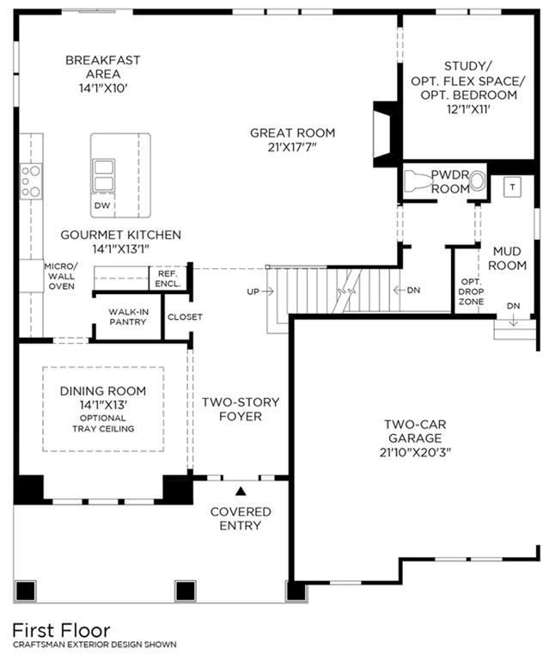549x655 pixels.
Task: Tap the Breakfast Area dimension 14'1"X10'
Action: tap(103, 89)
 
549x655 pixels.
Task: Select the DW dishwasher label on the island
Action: tap(102, 205)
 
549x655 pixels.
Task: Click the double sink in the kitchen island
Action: tap(103, 175)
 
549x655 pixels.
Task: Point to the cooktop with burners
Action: tap(31, 181)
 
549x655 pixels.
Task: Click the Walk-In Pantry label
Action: tap(128, 317)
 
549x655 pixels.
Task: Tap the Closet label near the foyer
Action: tap(185, 317)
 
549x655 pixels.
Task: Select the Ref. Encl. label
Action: tap(168, 279)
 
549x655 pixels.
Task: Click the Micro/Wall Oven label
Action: tap(61, 276)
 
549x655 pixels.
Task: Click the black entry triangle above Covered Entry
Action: tap(241, 491)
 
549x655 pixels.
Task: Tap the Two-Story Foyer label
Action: tap(241, 409)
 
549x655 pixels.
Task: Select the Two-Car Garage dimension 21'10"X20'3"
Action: tap(416, 452)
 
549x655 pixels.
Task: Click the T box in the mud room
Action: tap(512, 187)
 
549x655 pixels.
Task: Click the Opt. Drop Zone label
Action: tap(471, 291)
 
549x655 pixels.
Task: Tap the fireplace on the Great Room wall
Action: tap(383, 134)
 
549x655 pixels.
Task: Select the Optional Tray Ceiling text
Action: tap(103, 423)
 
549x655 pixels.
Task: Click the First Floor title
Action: tap(61, 629)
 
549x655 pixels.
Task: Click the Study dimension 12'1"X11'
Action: tap(468, 109)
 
